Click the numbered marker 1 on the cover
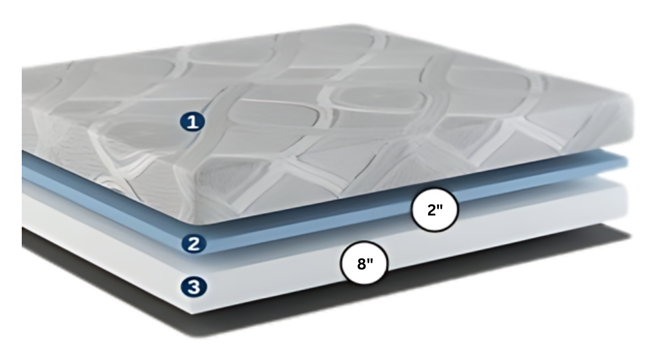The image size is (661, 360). pyautogui.click(x=192, y=121)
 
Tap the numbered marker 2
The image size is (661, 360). pyautogui.click(x=194, y=244)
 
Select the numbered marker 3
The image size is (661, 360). pyautogui.click(x=194, y=287)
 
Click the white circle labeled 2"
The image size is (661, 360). pyautogui.click(x=435, y=210)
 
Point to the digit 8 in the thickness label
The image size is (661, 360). pyautogui.click(x=361, y=264)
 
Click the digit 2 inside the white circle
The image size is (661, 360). pyautogui.click(x=432, y=210)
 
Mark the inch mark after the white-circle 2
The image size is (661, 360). pyautogui.click(x=440, y=207)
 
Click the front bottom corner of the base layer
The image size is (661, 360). pyautogui.click(x=192, y=313)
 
